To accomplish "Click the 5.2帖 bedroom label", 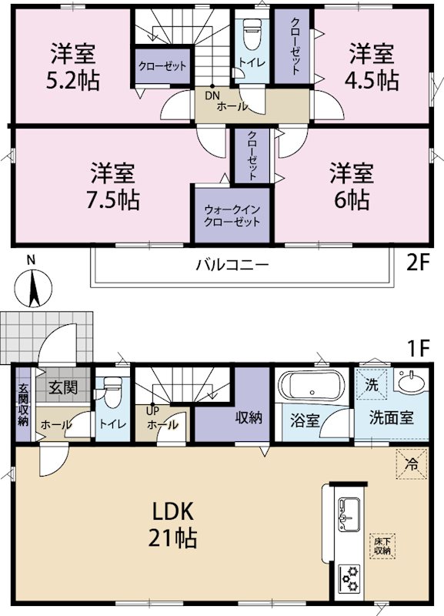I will [73, 67].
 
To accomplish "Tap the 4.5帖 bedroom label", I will [373, 67].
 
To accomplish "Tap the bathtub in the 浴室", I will [312, 385].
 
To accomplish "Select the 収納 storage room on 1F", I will [249, 418].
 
